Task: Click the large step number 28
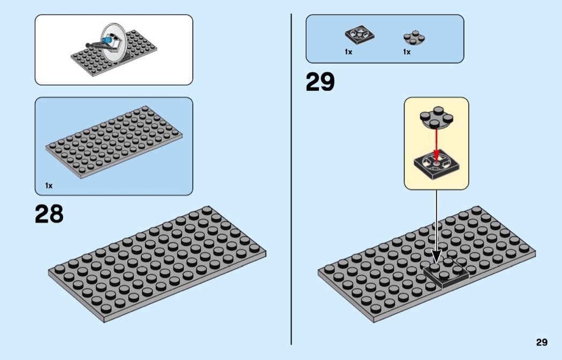(x=49, y=214)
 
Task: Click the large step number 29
(x=320, y=82)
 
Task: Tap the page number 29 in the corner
(x=542, y=342)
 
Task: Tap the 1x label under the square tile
(x=348, y=52)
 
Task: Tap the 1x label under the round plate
(x=407, y=52)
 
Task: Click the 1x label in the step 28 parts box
(x=49, y=186)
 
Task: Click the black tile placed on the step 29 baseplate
(x=447, y=274)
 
